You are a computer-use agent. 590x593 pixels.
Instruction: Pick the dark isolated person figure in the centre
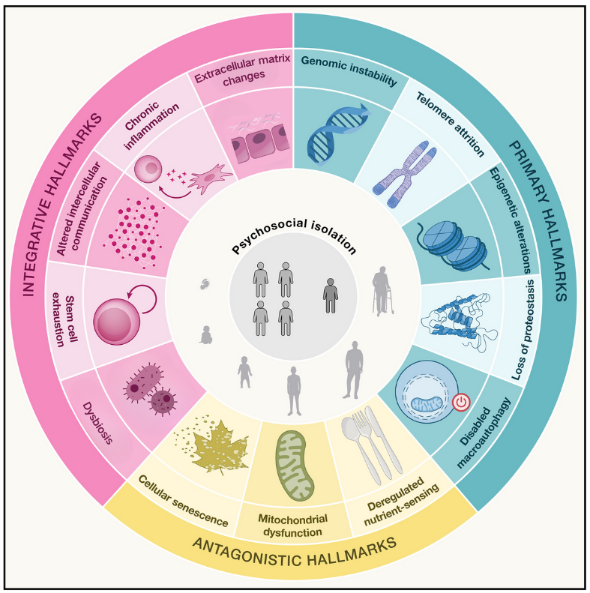[x=330, y=295]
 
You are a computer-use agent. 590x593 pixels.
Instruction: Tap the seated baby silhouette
[x=205, y=335]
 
